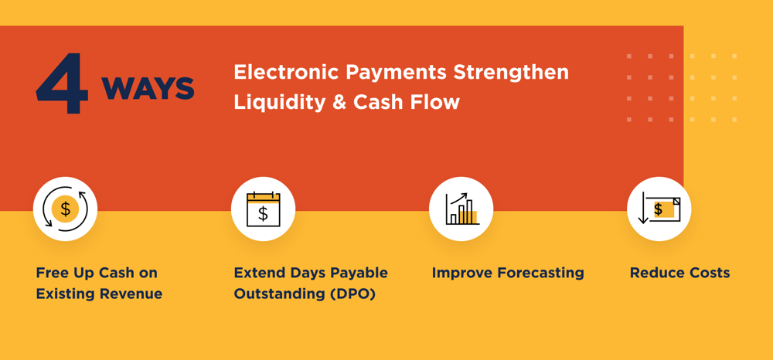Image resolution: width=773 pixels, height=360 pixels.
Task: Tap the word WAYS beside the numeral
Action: (x=148, y=88)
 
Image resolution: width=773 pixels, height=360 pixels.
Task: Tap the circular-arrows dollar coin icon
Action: (x=65, y=209)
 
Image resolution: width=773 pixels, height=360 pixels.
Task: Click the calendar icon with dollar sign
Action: (x=263, y=209)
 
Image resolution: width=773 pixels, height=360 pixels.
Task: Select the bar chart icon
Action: (x=461, y=209)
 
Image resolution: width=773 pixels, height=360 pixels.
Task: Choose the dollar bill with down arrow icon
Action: (x=659, y=209)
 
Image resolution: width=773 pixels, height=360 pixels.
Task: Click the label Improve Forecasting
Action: (x=508, y=273)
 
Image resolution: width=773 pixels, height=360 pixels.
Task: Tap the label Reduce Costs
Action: (x=679, y=273)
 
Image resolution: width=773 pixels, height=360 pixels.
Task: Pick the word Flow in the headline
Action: (x=436, y=102)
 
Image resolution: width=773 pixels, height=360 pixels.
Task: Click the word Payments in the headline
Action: (x=397, y=73)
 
